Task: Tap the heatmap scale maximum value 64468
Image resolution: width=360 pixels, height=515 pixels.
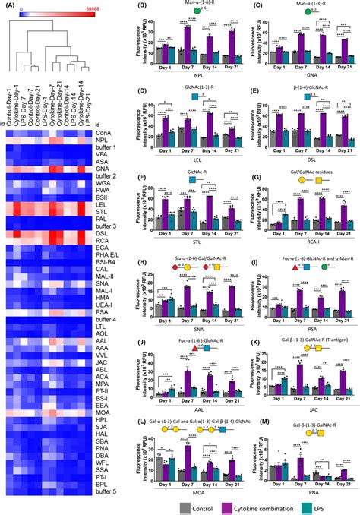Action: (x=79, y=6)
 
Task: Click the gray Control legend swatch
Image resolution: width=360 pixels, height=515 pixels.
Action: (x=176, y=504)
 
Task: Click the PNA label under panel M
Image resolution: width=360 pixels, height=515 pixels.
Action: (x=298, y=487)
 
